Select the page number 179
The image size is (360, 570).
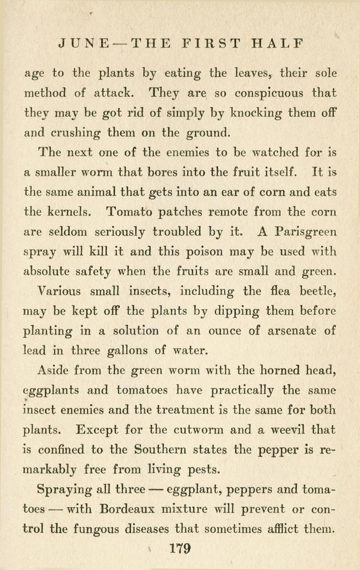(x=180, y=549)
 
